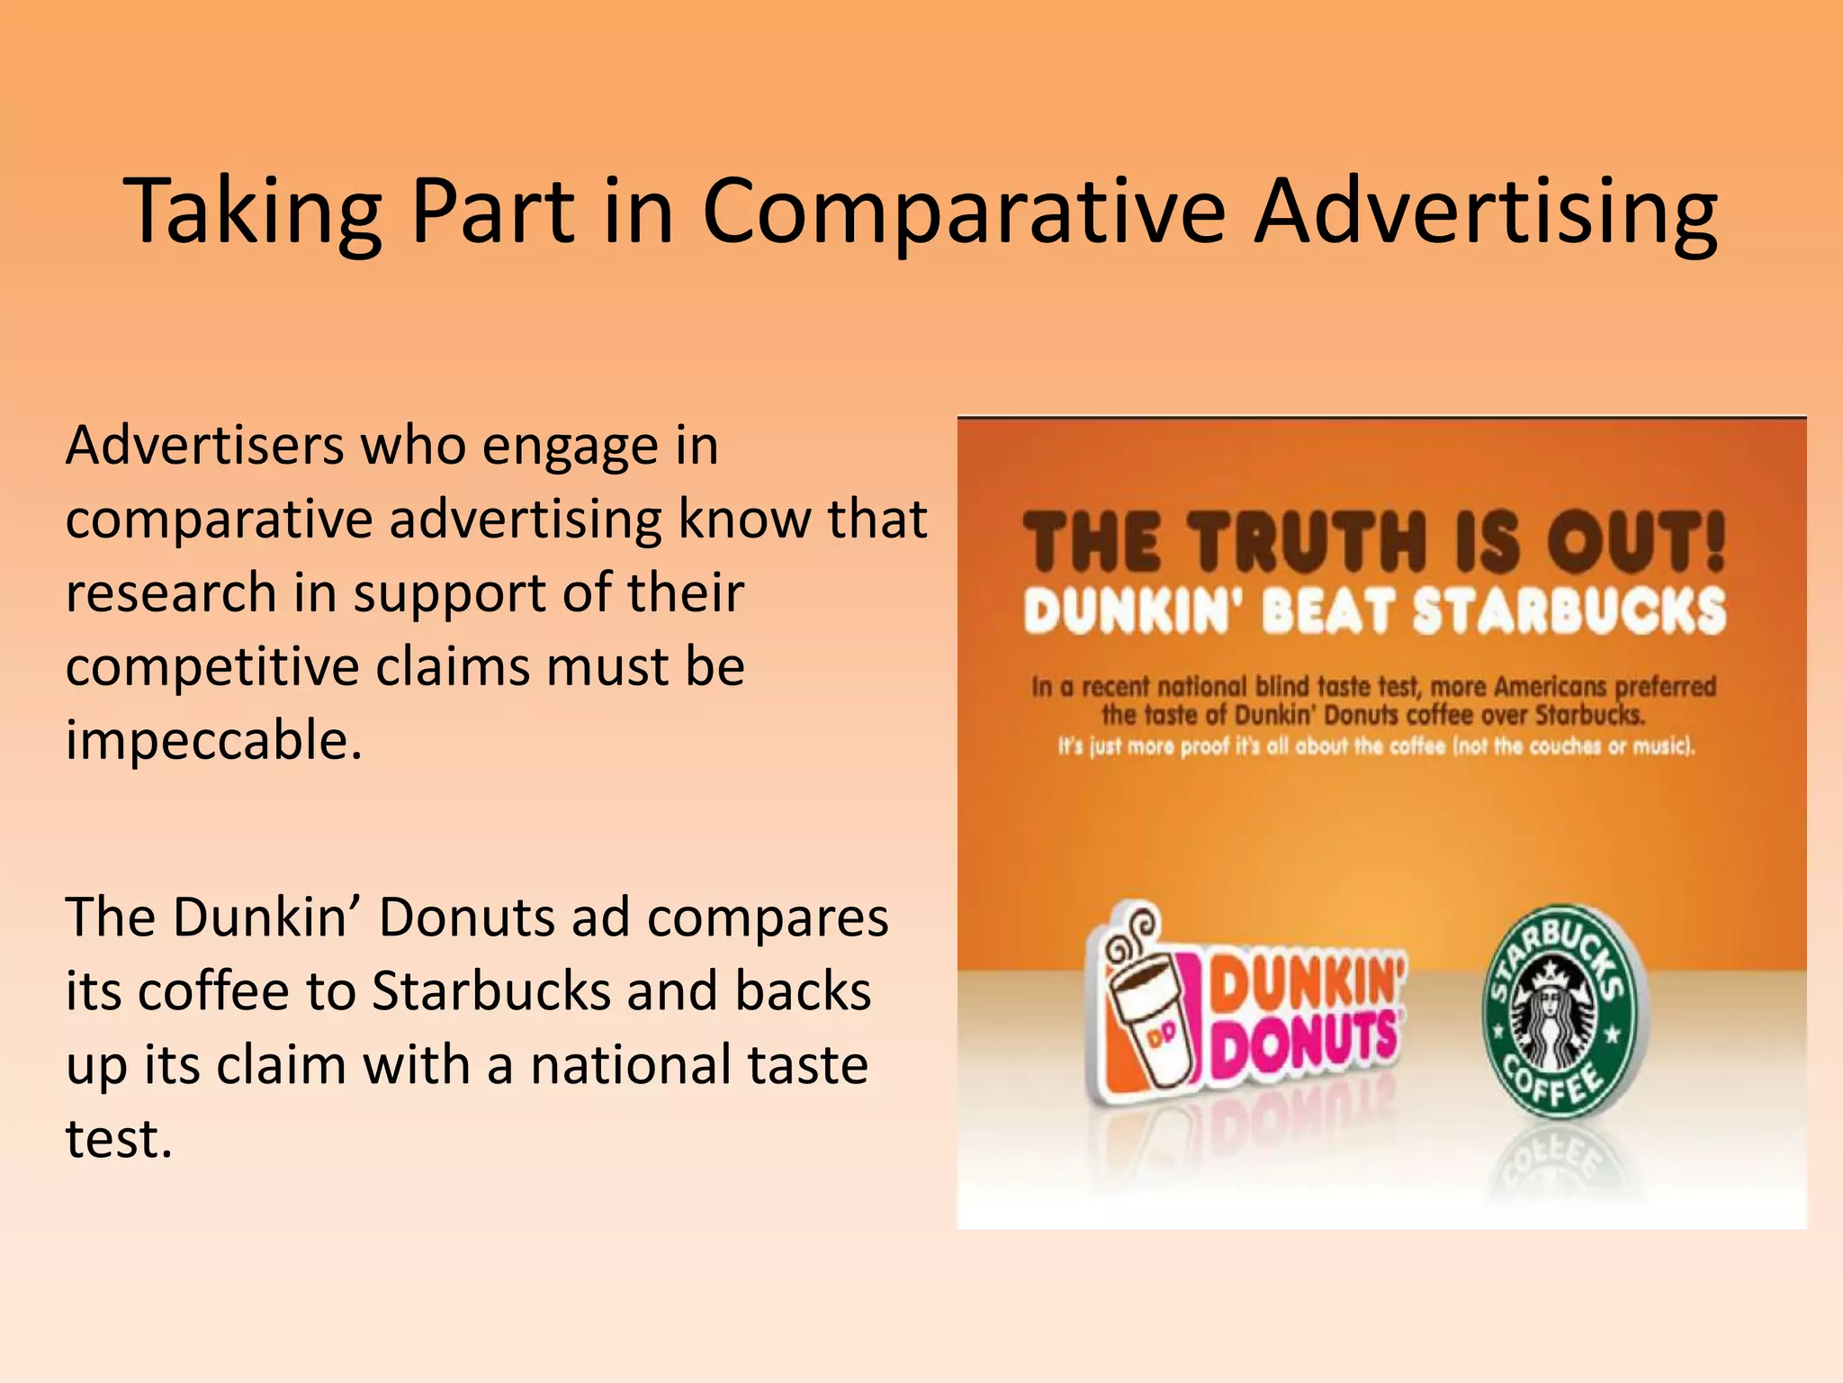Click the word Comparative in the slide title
[x=963, y=212]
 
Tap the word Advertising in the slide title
[x=1486, y=212]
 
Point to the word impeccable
[x=213, y=741]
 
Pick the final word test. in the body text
[x=118, y=1139]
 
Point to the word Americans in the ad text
[x=1550, y=687]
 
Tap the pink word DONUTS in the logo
[x=1305, y=1045]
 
